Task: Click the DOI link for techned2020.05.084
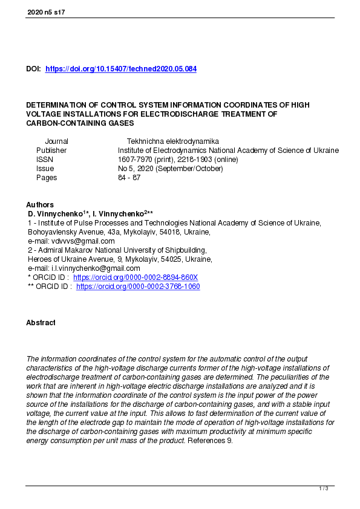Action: pos(121,70)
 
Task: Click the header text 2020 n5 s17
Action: pos(46,12)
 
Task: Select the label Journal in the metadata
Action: pos(56,141)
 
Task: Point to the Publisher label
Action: pos(51,150)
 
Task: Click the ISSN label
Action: pos(45,160)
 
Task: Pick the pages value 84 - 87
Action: pos(129,178)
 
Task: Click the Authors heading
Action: pos(40,205)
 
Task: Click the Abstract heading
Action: pos(41,323)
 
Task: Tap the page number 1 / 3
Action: pos(324,488)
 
